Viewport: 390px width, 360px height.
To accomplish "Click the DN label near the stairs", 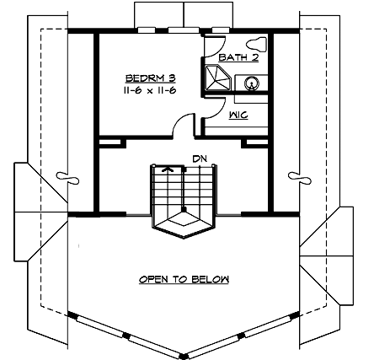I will click(200, 158).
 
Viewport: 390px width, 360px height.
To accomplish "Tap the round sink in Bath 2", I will click(252, 83).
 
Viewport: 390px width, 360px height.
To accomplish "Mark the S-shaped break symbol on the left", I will click(66, 176).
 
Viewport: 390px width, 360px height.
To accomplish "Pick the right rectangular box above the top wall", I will click(209, 14).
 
